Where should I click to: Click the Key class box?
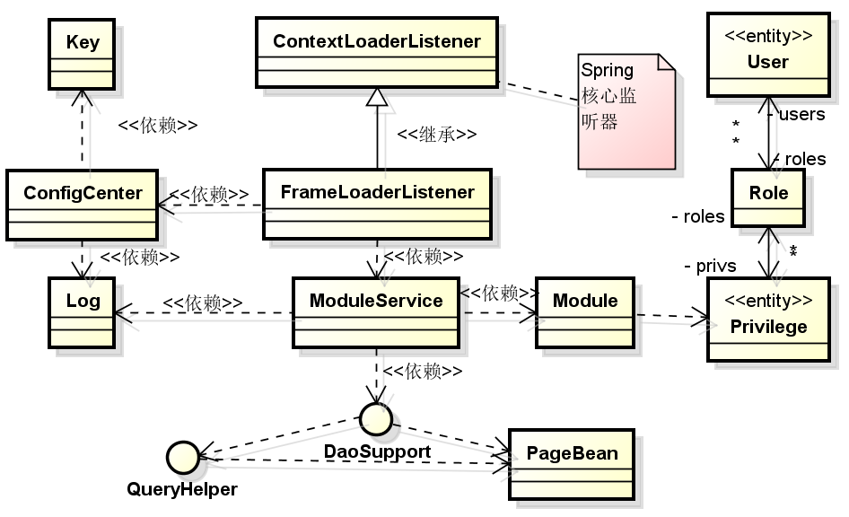[82, 54]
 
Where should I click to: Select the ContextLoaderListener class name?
[377, 41]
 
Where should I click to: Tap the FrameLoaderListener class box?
[378, 204]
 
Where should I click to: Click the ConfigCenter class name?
[83, 193]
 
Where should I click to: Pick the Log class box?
[82, 313]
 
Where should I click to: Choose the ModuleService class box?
[376, 313]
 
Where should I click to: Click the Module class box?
[585, 313]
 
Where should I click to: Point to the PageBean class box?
[571, 464]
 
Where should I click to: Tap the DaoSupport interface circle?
[376, 418]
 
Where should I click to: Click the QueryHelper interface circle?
[183, 458]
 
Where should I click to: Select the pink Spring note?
[626, 111]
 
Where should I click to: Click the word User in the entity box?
[768, 62]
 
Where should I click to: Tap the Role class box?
[768, 197]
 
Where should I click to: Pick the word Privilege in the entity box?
[768, 327]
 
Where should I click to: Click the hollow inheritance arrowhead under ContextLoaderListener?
[377, 97]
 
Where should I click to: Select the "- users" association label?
[796, 114]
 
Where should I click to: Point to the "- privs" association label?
[710, 266]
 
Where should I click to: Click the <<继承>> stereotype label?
[437, 135]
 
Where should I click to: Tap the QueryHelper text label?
[182, 489]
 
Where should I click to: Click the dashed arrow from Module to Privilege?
[672, 316]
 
